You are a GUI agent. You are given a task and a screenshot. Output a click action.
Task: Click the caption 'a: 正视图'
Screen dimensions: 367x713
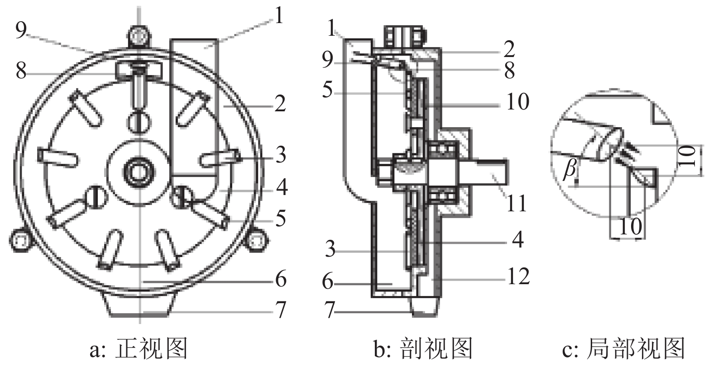tap(139, 350)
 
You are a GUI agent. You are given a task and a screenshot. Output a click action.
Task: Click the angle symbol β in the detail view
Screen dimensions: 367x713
tap(569, 170)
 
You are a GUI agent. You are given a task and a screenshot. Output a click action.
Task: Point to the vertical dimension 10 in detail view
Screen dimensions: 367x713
tap(688, 157)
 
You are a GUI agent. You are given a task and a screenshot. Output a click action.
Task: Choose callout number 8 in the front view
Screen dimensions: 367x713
tap(21, 71)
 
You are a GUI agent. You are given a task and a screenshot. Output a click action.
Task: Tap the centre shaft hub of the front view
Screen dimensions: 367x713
tap(139, 172)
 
